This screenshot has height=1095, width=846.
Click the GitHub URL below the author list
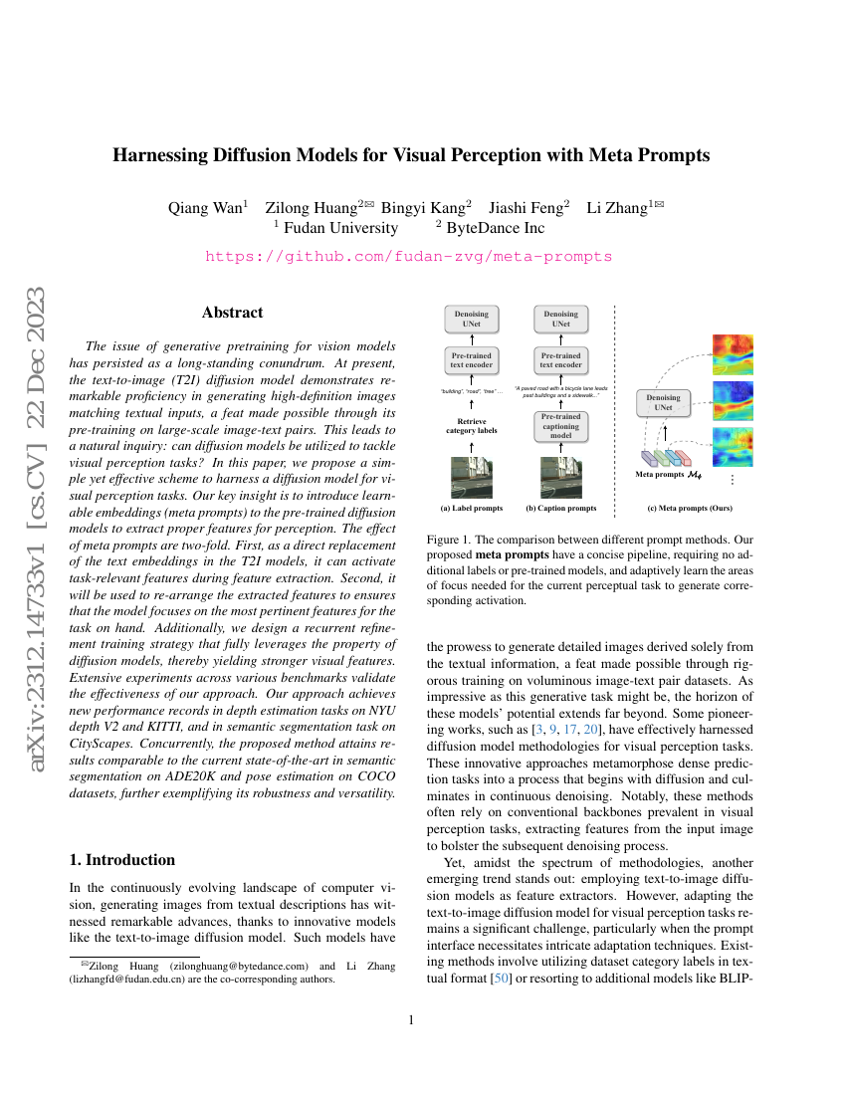click(x=408, y=256)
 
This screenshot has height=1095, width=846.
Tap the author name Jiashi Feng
click(x=528, y=208)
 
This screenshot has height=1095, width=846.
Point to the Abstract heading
click(x=232, y=313)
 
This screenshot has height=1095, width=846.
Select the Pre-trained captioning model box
click(x=561, y=425)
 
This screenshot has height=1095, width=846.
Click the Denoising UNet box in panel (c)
click(x=664, y=403)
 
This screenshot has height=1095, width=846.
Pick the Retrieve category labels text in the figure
click(x=471, y=427)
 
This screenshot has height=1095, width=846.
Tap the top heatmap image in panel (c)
click(x=733, y=354)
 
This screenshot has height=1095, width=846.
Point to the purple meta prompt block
click(x=648, y=458)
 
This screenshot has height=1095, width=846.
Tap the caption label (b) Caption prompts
click(x=561, y=508)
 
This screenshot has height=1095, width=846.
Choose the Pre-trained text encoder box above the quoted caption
click(x=561, y=359)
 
